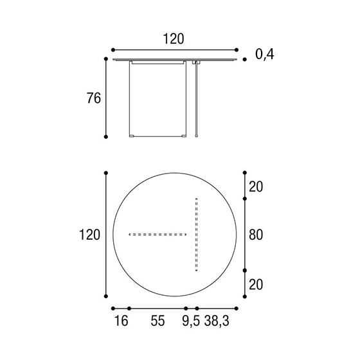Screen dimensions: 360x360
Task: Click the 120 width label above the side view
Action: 174,39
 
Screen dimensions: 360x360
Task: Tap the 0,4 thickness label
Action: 264,55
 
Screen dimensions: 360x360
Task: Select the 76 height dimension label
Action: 94,98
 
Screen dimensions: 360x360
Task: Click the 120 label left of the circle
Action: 89,235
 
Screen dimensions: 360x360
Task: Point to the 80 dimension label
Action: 256,235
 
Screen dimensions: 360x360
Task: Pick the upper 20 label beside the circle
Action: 256,186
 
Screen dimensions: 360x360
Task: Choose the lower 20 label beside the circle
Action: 256,285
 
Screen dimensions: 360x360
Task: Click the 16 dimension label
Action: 121,321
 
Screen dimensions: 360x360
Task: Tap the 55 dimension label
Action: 157,321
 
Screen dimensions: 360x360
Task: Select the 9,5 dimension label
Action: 191,321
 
